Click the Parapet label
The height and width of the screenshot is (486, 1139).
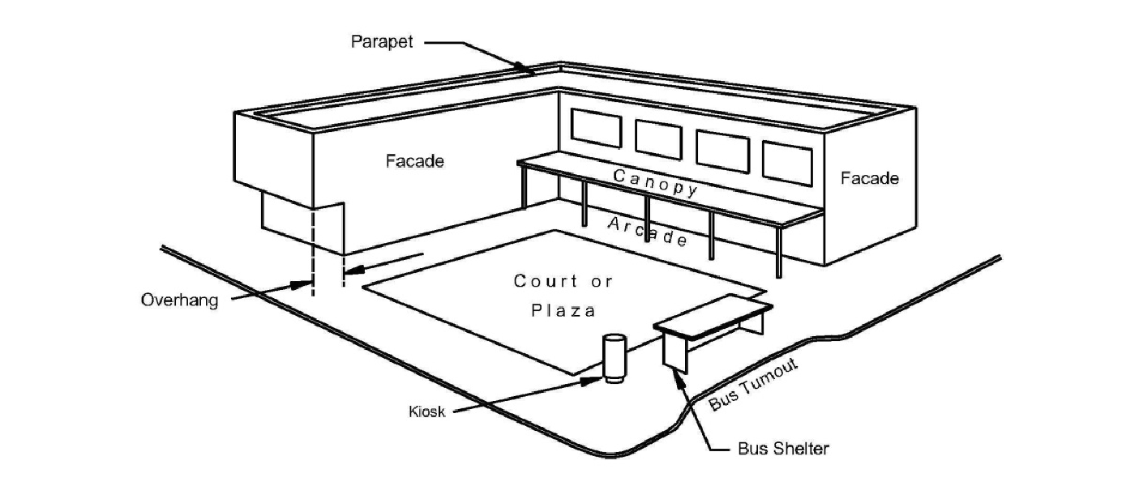(x=381, y=42)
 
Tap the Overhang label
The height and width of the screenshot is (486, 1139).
(x=180, y=300)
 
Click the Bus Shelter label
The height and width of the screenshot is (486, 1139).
(x=783, y=448)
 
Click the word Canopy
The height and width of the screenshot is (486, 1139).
(x=655, y=182)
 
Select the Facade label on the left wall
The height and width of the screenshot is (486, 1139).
(x=414, y=161)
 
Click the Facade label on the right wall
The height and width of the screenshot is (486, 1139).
(x=869, y=178)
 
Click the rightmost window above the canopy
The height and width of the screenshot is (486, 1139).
(x=786, y=163)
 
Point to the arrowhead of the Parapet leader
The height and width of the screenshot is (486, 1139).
(x=531, y=73)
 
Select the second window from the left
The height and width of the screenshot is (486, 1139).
(x=658, y=139)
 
